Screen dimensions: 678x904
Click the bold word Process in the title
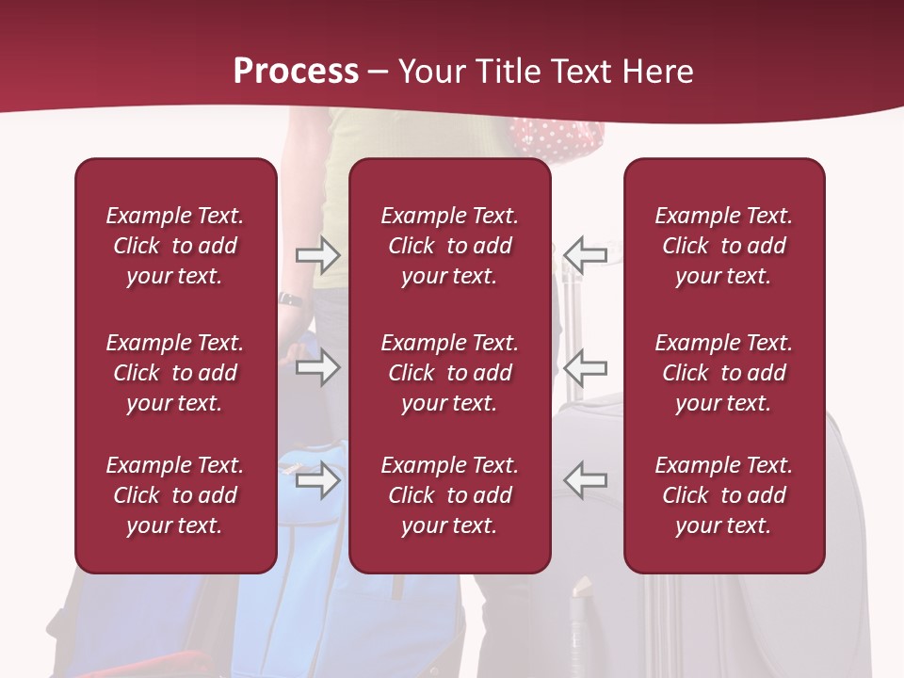point(296,72)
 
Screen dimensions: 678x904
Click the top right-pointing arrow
point(317,255)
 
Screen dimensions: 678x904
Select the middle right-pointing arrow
point(317,367)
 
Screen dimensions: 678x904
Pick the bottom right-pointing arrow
point(317,481)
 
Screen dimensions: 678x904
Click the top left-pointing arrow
point(585,255)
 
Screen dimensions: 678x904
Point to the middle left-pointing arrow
point(585,367)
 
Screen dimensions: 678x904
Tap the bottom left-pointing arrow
point(585,479)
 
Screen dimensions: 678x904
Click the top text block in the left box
point(175,246)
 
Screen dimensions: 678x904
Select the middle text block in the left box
point(175,373)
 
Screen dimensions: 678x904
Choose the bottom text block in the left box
point(175,495)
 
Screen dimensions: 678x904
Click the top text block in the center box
point(449,246)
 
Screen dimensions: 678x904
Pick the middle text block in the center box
point(449,373)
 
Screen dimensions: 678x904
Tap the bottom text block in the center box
point(449,495)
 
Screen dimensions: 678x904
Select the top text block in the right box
point(723,246)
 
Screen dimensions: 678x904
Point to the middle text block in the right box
point(723,373)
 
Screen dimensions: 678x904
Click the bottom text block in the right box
point(723,495)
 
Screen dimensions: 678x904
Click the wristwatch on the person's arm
point(291,299)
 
